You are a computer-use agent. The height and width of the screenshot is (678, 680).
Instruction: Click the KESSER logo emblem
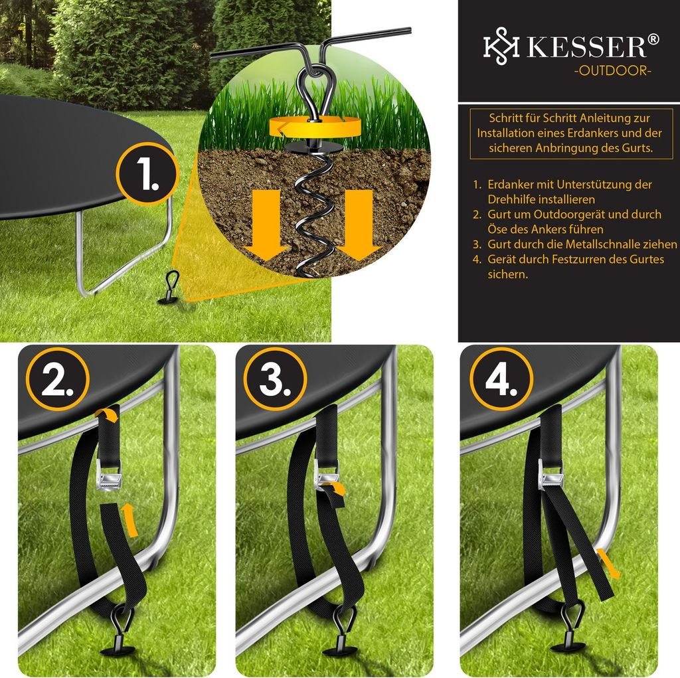[x=501, y=46]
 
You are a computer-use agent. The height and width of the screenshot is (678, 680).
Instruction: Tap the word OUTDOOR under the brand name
[x=613, y=70]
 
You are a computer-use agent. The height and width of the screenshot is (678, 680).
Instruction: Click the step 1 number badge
[x=147, y=173]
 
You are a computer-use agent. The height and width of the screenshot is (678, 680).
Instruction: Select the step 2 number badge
[x=57, y=379]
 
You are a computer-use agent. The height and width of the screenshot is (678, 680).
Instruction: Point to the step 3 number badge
[x=275, y=379]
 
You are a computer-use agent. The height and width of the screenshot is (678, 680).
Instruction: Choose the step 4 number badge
[x=501, y=379]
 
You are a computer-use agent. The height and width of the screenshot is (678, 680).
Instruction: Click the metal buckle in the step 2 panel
[x=108, y=476]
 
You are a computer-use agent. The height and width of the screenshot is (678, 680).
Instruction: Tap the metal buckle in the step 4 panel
[x=551, y=476]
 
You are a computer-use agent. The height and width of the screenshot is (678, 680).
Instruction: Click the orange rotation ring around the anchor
[x=315, y=127]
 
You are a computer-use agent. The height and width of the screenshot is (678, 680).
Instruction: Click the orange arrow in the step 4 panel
[x=608, y=563]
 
